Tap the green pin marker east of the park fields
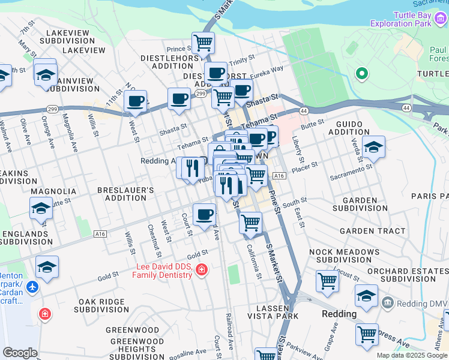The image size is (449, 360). (361, 74)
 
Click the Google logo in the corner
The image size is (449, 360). (20, 353)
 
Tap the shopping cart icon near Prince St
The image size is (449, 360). (203, 43)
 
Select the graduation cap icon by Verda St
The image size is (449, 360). (373, 146)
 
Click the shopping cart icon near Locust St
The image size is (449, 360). (328, 280)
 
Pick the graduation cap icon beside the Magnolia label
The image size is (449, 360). (41, 208)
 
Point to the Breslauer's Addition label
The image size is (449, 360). (126, 194)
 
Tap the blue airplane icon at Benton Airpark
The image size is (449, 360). (32, 287)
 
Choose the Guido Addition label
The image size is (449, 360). (349, 127)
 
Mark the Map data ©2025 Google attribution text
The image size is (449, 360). (412, 355)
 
